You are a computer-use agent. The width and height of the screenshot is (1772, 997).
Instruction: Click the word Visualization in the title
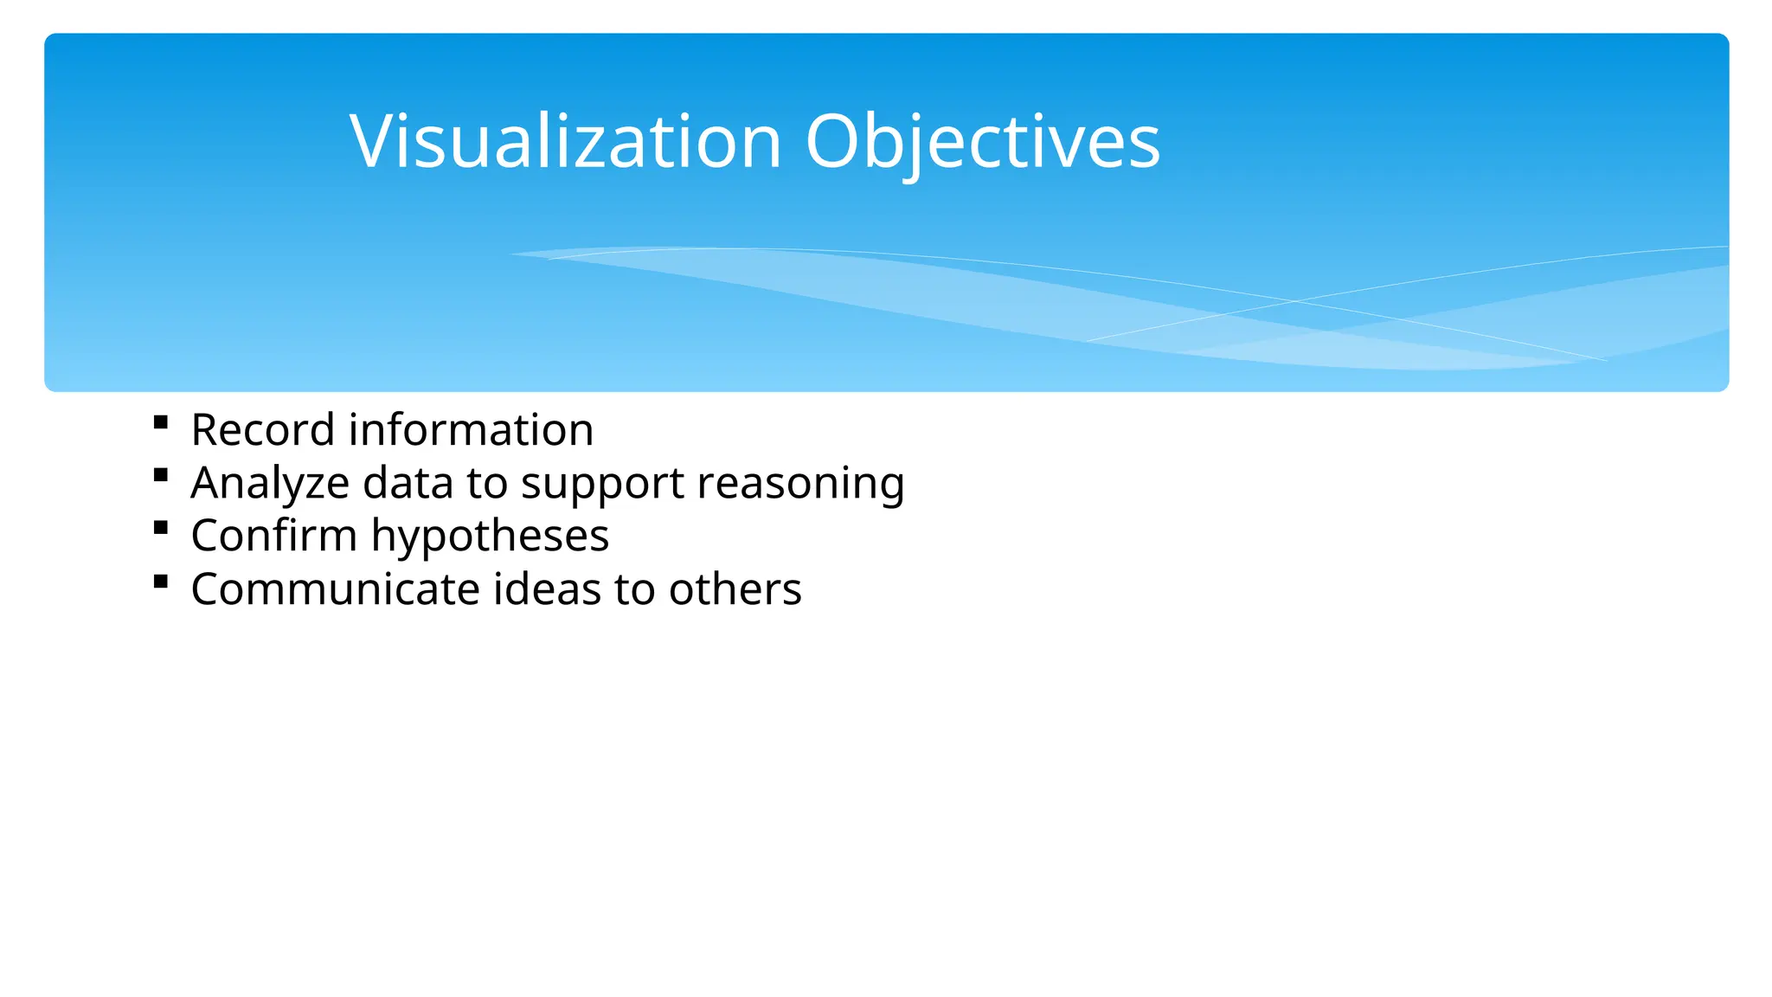coord(566,141)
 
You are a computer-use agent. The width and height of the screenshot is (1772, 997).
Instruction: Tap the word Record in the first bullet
coord(262,430)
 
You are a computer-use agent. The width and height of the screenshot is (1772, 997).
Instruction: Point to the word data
coord(408,483)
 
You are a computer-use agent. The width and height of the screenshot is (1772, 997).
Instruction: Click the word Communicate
coord(335,589)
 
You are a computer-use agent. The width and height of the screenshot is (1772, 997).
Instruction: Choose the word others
coord(735,589)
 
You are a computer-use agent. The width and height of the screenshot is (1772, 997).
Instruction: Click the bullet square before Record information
coord(160,422)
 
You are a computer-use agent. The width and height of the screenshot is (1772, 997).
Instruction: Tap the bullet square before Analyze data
coord(160,474)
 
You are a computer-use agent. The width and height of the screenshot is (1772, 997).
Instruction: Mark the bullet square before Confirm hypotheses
coord(160,527)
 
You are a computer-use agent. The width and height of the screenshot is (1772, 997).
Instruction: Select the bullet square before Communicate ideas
coord(160,581)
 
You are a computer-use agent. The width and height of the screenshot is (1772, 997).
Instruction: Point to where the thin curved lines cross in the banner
coord(1295,300)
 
